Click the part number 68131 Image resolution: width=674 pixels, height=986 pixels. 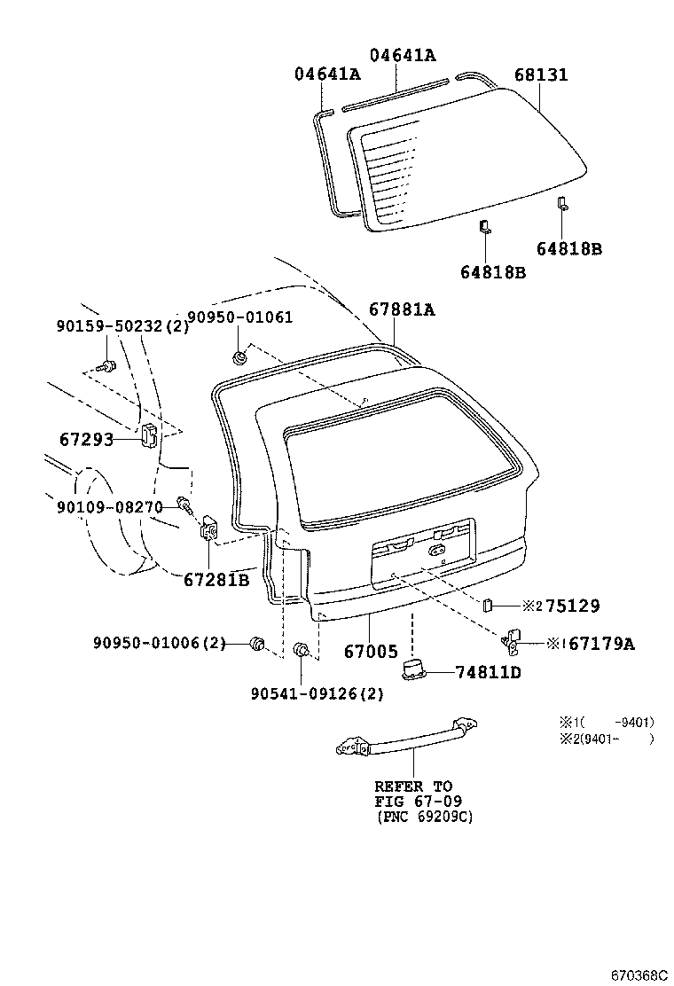point(540,75)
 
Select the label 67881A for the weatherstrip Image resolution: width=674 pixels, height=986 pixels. point(402,309)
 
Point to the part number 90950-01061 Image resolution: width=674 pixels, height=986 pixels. point(239,317)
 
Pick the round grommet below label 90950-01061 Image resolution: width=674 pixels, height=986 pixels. point(239,358)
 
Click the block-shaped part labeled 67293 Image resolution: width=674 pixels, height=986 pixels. point(149,435)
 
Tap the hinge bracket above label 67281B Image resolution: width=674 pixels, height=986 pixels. point(209,528)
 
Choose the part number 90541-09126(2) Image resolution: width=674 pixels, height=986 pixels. point(317,694)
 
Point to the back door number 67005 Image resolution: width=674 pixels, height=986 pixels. point(371,652)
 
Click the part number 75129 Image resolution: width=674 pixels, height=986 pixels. point(572,606)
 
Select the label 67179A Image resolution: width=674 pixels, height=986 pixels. point(600,644)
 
